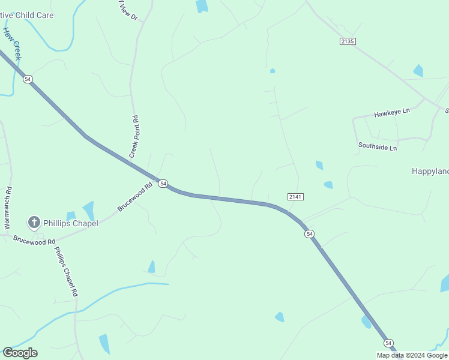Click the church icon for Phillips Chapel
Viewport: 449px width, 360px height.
point(34,223)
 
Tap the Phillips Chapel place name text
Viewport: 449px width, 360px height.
point(70,223)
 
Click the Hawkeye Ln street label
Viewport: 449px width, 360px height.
point(391,112)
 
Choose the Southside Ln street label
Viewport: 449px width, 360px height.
point(378,146)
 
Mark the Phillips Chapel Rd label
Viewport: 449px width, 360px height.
point(66,272)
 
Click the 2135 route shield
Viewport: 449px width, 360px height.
point(348,41)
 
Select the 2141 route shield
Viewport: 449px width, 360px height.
point(295,196)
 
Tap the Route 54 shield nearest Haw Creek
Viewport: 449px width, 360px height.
point(28,79)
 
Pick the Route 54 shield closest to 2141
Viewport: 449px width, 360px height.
point(309,233)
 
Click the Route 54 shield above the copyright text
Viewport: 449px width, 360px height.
point(389,343)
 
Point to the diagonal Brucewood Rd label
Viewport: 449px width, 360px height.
point(134,197)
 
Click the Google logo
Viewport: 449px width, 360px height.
point(20,353)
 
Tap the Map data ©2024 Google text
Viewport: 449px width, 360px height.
point(412,355)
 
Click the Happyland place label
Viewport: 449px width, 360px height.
point(430,171)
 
